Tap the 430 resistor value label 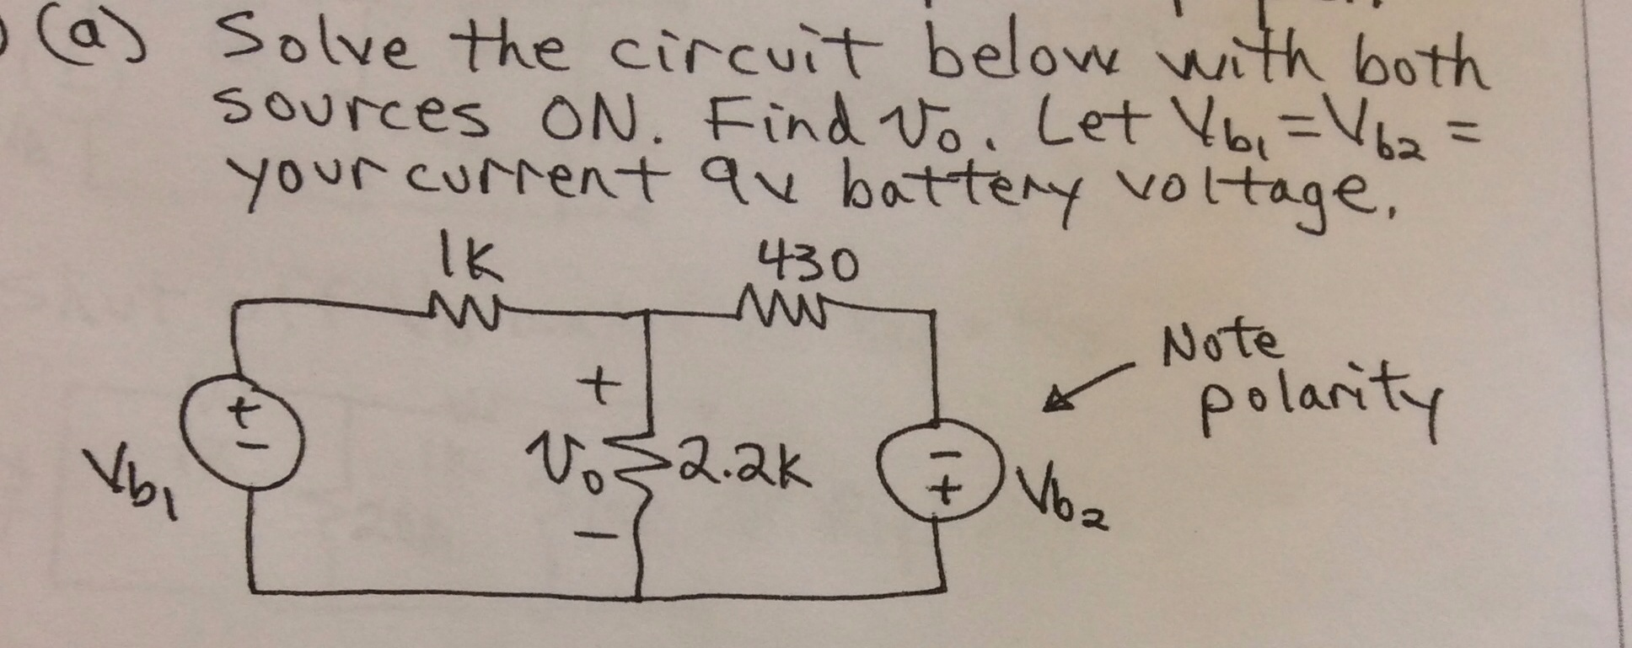point(808,263)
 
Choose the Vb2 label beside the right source point(1060,499)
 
